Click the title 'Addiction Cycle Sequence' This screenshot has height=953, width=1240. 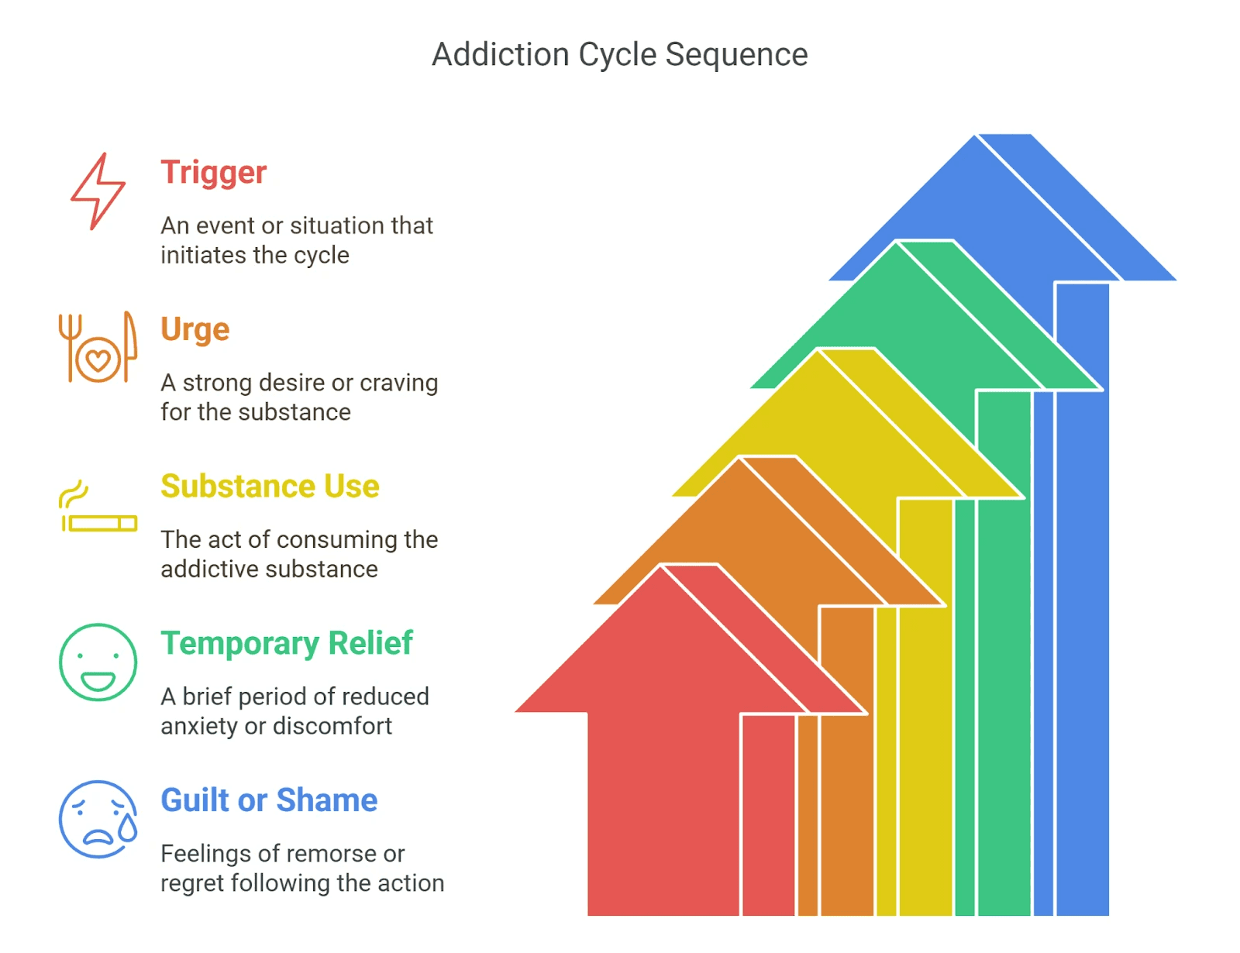coord(619,55)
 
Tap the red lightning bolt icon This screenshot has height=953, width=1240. coord(98,191)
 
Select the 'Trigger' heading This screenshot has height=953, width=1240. coord(213,173)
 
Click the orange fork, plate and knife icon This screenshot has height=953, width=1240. coord(98,348)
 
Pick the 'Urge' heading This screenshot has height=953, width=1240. coord(195,330)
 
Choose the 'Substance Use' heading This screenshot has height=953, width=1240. coord(270,487)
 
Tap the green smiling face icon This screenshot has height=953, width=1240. coord(98,662)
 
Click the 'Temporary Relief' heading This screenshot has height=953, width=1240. coord(287,644)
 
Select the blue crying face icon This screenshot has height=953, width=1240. coord(98,819)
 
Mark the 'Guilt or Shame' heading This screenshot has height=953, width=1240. coord(269,800)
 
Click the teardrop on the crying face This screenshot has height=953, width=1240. coord(127,829)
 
